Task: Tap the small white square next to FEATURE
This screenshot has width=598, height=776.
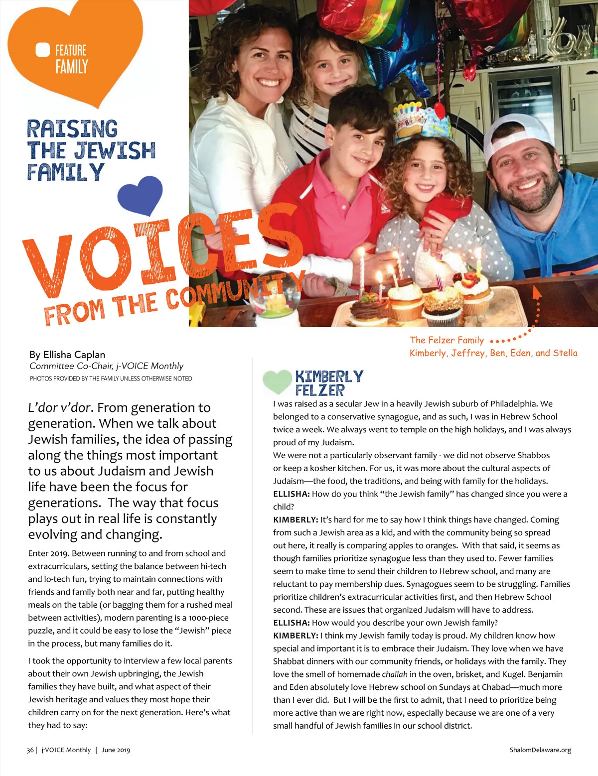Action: point(43,50)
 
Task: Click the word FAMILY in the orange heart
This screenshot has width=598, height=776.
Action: point(71,67)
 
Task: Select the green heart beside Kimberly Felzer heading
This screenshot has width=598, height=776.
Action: point(277,383)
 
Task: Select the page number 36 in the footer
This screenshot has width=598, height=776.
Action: point(30,750)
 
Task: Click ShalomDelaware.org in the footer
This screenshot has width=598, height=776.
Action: point(540,750)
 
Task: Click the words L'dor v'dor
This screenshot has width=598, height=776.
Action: point(60,408)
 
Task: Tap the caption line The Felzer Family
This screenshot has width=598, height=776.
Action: point(447,340)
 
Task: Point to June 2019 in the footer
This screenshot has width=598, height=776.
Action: point(116,750)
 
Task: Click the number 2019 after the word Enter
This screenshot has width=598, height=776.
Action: point(59,553)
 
